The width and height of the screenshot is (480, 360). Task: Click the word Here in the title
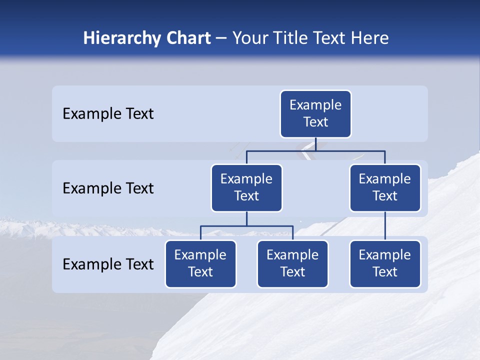(x=369, y=38)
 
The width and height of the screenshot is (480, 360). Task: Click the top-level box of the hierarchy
(x=315, y=114)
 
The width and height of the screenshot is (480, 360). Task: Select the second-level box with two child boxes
(x=246, y=188)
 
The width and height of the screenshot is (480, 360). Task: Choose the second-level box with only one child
(x=385, y=188)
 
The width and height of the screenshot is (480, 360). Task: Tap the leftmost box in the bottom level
(x=200, y=264)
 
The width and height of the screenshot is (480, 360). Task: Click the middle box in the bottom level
(x=292, y=264)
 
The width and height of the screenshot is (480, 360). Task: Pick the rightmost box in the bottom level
(x=385, y=264)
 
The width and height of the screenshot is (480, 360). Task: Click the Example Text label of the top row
(x=108, y=114)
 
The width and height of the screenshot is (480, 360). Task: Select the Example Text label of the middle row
(x=108, y=188)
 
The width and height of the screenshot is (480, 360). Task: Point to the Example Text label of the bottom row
(x=108, y=264)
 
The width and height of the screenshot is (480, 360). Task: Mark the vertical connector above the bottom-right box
(x=385, y=226)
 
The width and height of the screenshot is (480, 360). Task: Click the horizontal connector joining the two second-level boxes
(x=315, y=150)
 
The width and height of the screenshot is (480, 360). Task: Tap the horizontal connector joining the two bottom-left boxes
(x=246, y=226)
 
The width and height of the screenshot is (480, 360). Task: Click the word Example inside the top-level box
(x=315, y=105)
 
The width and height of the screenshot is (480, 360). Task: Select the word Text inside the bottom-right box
(x=385, y=272)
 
